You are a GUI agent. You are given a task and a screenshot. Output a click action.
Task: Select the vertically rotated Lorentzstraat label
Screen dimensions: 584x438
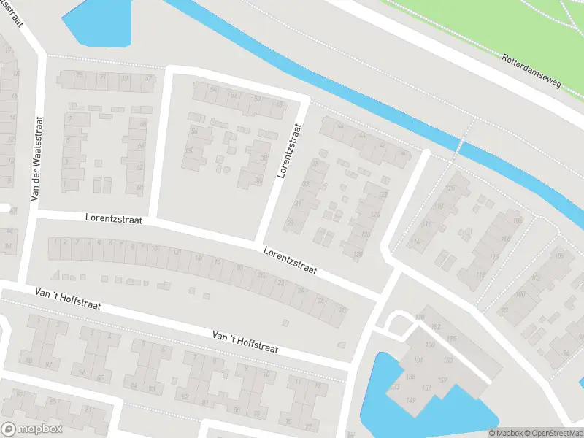(x=290, y=151)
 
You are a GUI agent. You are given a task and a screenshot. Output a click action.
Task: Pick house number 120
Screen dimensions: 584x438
(x=450, y=188)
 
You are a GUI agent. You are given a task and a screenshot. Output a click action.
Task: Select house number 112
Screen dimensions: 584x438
(x=480, y=274)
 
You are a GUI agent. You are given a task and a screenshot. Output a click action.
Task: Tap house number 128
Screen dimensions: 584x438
(x=358, y=254)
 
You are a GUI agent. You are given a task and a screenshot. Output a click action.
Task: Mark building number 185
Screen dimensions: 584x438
(x=453, y=339)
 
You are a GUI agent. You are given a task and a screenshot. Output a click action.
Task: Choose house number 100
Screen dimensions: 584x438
(x=520, y=294)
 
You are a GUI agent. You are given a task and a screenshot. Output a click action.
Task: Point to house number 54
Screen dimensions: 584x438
(x=214, y=90)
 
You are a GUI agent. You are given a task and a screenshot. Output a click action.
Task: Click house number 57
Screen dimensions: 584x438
(x=149, y=78)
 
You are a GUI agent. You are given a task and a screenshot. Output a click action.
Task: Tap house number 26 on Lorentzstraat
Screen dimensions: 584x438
(x=342, y=310)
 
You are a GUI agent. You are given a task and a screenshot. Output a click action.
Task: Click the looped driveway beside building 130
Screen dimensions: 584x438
(x=395, y=323)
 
